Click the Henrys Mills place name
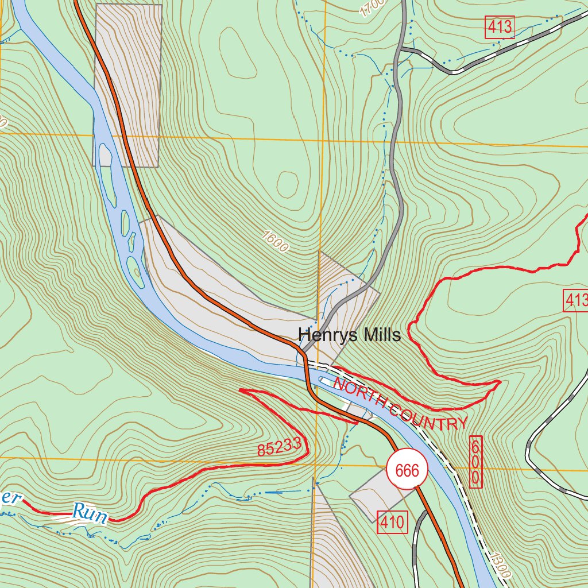point(349,335)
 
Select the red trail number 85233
point(279,446)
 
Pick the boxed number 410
point(392,523)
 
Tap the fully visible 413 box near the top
point(500,27)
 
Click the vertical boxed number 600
point(475,462)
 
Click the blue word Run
point(90,513)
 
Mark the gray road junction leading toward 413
point(402,50)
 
